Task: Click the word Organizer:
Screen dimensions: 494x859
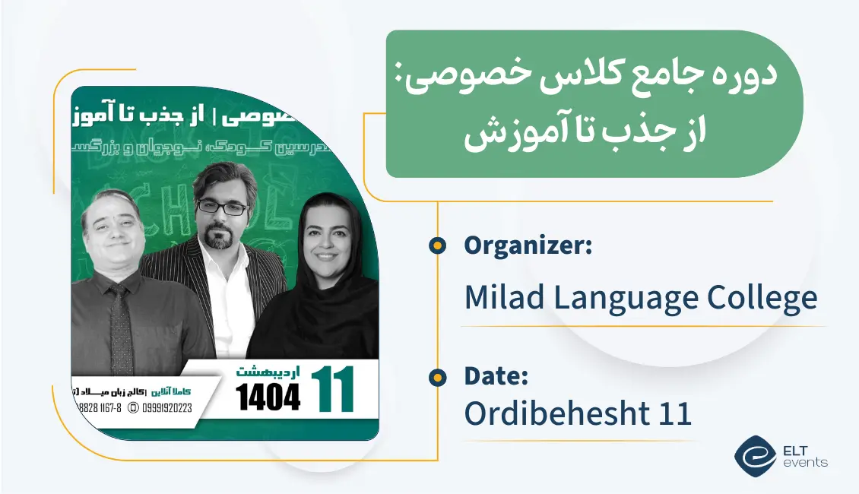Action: (x=528, y=246)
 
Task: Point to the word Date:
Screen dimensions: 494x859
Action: (x=496, y=376)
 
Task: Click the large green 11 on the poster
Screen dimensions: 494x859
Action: (x=332, y=390)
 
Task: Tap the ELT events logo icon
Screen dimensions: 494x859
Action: (x=755, y=454)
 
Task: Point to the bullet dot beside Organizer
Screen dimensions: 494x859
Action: (x=436, y=245)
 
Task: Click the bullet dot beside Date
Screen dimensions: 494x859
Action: (x=436, y=376)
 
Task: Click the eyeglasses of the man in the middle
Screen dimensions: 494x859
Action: (x=222, y=207)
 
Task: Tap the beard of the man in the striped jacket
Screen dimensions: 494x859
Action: (x=220, y=238)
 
